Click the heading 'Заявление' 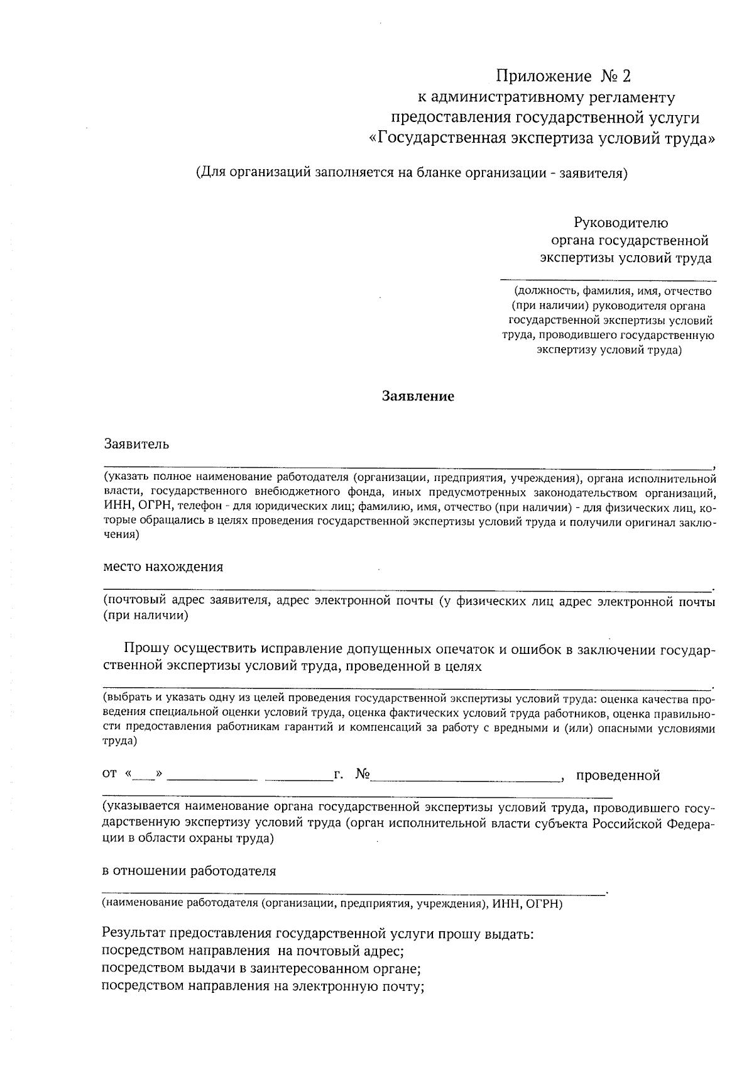418,397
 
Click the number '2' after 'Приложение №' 624,77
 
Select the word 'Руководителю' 621,223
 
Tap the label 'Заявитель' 136,444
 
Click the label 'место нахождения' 163,567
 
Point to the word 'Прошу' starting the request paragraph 148,649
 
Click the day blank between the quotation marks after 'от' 144,776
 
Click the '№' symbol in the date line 363,775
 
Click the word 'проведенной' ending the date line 618,775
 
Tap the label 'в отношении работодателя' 189,871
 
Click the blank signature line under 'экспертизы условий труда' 608,278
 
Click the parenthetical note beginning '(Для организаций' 412,173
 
